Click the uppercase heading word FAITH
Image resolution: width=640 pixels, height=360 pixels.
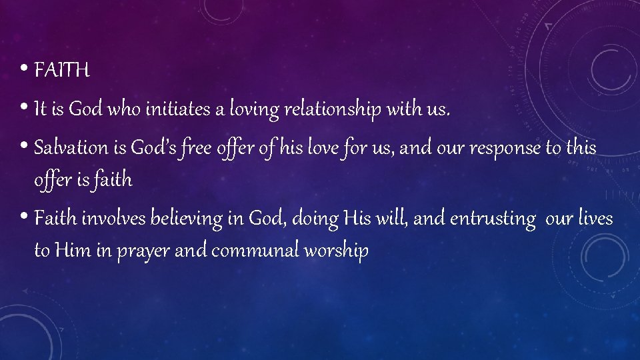pos(61,70)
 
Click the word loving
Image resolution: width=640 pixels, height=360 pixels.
pos(254,111)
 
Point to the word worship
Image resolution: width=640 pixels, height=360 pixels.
pos(337,252)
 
